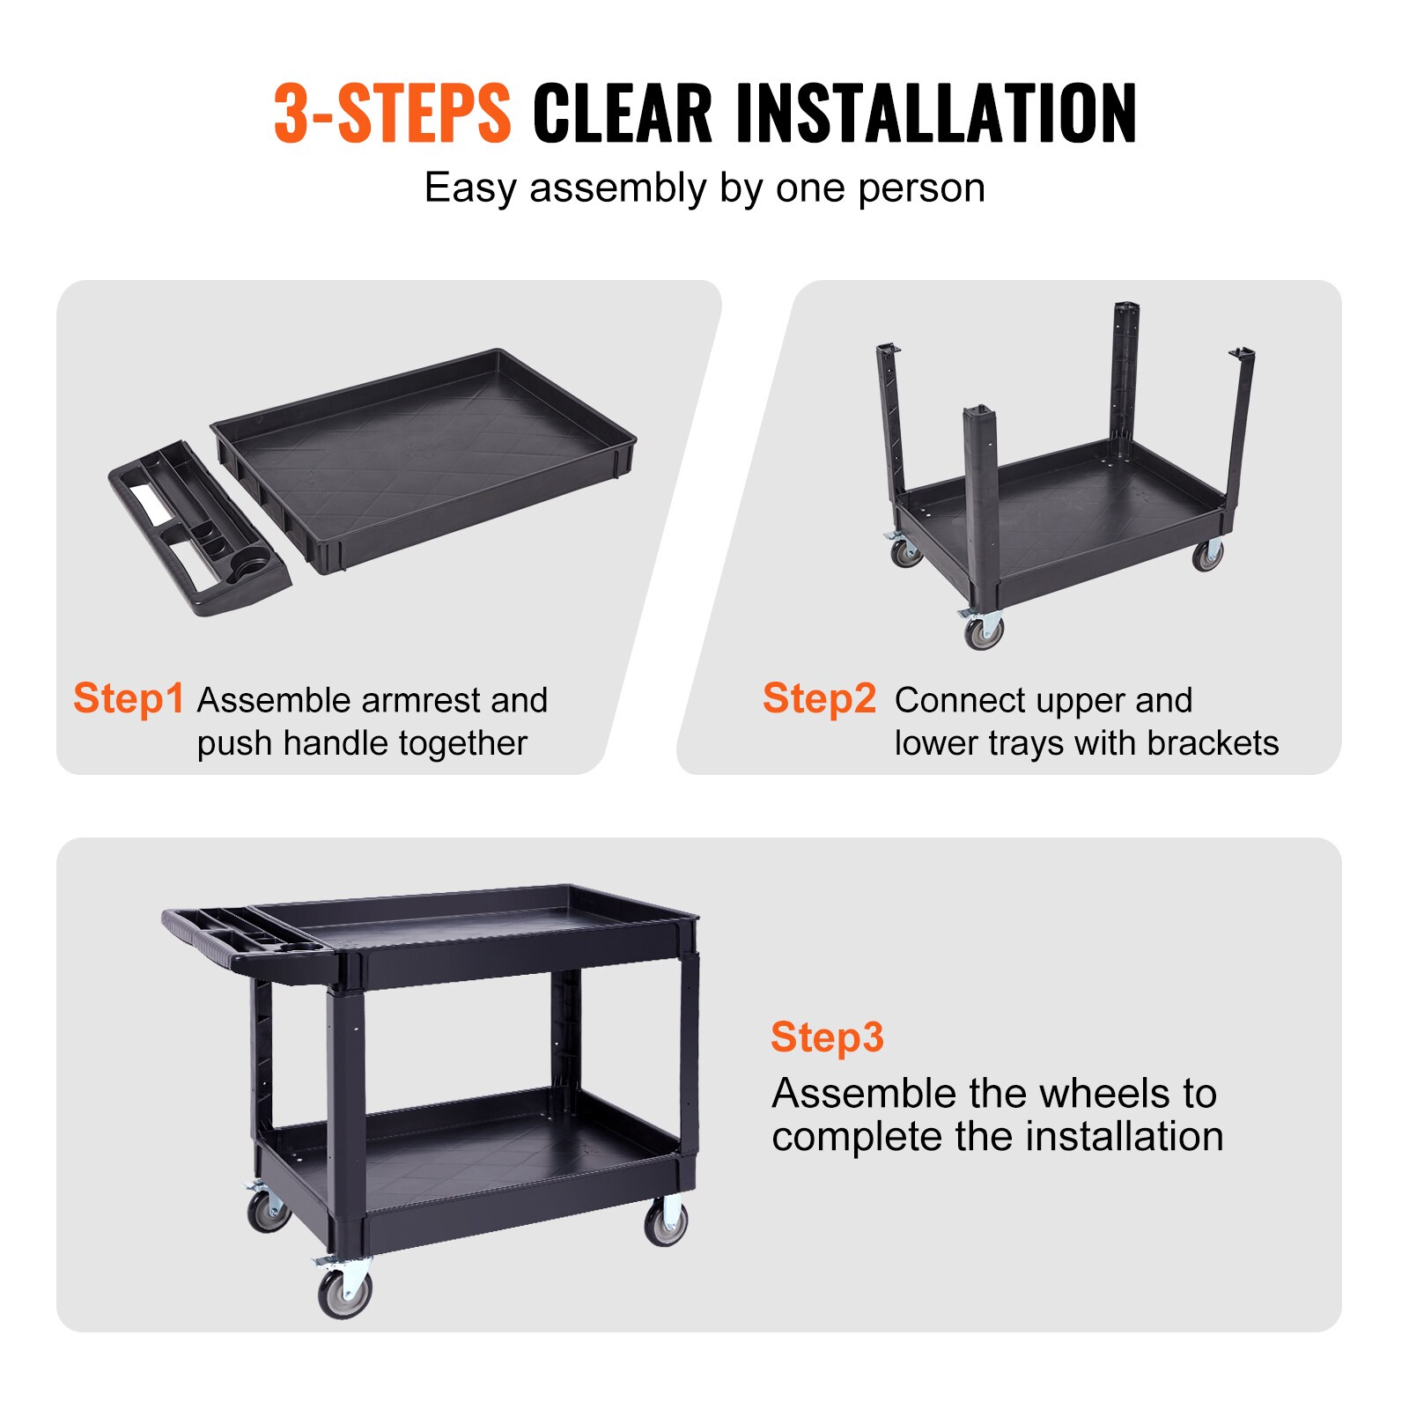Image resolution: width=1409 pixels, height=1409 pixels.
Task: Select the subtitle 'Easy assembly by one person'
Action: pos(704,188)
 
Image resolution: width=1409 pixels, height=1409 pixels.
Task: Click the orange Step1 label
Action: pos(129,698)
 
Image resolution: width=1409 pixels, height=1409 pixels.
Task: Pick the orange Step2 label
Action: pos(819,698)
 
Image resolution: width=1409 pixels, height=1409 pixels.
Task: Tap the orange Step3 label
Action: pos(826,1036)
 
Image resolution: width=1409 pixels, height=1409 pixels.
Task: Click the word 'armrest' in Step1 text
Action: pos(422,701)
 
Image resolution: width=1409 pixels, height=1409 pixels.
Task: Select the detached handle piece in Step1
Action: pos(198,528)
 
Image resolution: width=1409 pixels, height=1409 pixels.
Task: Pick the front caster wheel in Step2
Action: pos(982,630)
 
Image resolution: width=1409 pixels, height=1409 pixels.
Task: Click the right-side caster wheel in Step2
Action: pos(1207,555)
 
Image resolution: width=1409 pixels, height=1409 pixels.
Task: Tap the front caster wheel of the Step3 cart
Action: pos(344,1292)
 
